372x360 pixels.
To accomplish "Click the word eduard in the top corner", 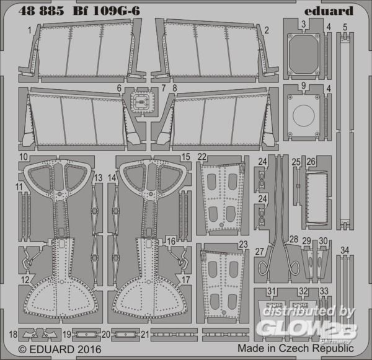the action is [x=329, y=11].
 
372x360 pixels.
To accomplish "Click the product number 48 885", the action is [x=42, y=11].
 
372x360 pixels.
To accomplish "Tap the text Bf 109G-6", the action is [x=107, y=11].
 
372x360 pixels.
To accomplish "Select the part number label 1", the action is [x=29, y=30].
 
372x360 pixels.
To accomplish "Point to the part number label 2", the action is [x=267, y=30].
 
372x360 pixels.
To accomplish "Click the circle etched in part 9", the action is [x=304, y=115].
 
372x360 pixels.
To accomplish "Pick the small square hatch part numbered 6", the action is [x=141, y=102].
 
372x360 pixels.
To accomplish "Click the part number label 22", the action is [x=202, y=157].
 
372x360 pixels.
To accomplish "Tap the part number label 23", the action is [x=244, y=244].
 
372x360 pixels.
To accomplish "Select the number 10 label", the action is [x=24, y=157].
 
